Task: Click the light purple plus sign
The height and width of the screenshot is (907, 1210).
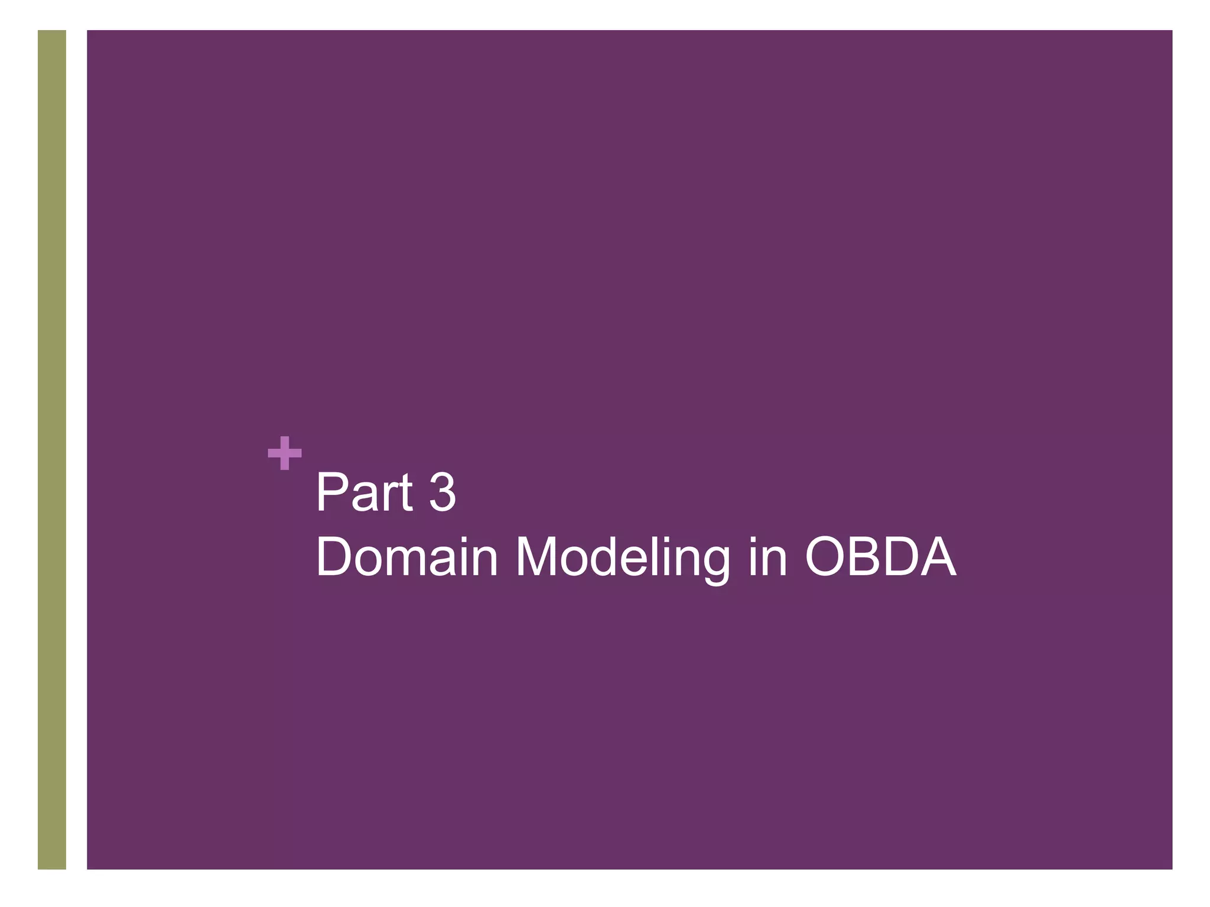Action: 285,453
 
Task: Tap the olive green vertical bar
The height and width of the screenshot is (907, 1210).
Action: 52,449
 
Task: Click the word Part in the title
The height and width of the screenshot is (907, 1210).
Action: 364,492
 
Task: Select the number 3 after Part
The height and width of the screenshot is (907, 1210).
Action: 443,492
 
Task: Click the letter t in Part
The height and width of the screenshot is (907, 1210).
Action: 405,494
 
